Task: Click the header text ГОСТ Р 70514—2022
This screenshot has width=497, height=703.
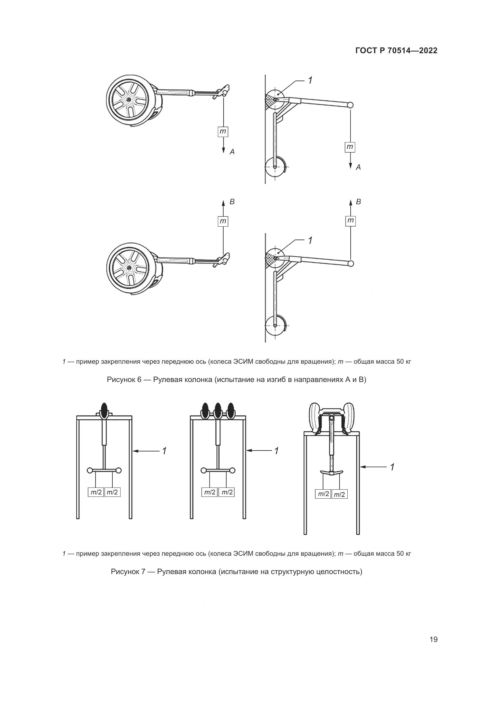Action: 396,50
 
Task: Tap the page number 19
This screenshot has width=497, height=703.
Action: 433,640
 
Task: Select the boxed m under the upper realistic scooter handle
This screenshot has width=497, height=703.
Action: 223,132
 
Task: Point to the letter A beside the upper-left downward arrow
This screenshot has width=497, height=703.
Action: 232,152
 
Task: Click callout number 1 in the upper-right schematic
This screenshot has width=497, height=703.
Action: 310,81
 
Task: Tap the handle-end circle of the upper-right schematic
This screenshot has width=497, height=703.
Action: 351,105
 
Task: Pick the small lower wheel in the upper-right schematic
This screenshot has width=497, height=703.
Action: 275,167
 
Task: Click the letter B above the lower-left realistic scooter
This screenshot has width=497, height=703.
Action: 232,202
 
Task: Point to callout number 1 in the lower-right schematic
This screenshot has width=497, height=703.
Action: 310,241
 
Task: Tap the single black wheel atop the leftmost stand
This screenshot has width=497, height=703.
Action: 104,410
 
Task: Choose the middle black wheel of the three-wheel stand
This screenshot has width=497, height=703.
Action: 218,410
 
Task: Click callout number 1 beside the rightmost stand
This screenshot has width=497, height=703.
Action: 392,467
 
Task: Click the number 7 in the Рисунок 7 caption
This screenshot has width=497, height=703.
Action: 143,572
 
